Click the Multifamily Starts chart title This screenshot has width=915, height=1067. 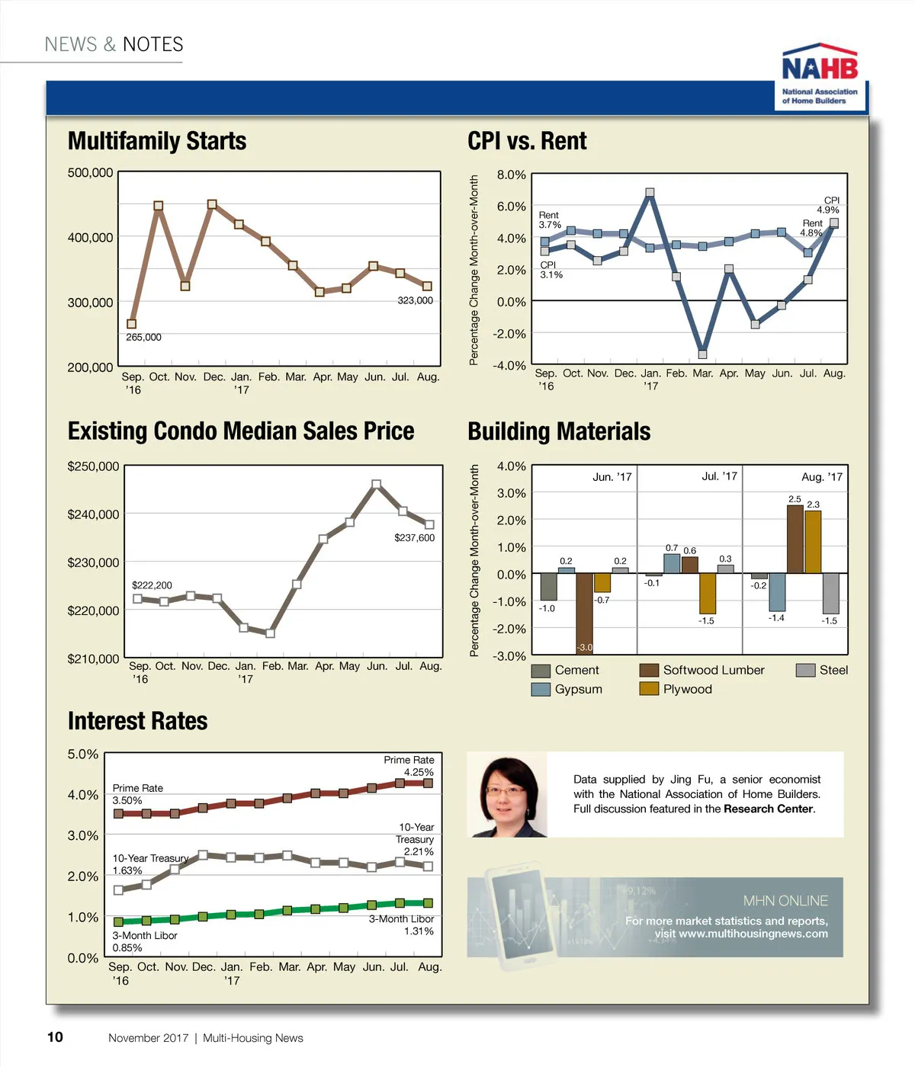pos(157,141)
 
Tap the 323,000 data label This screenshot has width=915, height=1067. pos(415,300)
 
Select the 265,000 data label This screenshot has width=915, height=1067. pos(143,337)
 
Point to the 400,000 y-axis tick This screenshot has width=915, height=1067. pos(90,238)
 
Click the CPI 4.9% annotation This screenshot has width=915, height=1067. pos(829,205)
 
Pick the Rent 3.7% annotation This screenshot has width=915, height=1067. pos(550,220)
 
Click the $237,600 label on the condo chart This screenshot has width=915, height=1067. pos(414,538)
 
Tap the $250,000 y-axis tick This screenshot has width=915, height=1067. pos(93,466)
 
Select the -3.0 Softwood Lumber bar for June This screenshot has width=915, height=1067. pos(585,614)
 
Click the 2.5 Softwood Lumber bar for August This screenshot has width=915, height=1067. pos(795,540)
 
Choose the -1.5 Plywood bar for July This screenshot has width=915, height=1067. pos(708,594)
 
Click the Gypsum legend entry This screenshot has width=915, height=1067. pos(567,689)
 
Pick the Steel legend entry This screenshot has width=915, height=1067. pos(822,670)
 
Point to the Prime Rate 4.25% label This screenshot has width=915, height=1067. pos(409,766)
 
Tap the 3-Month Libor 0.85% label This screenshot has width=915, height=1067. pos(144,941)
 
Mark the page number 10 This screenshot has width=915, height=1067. pos(55,1037)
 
